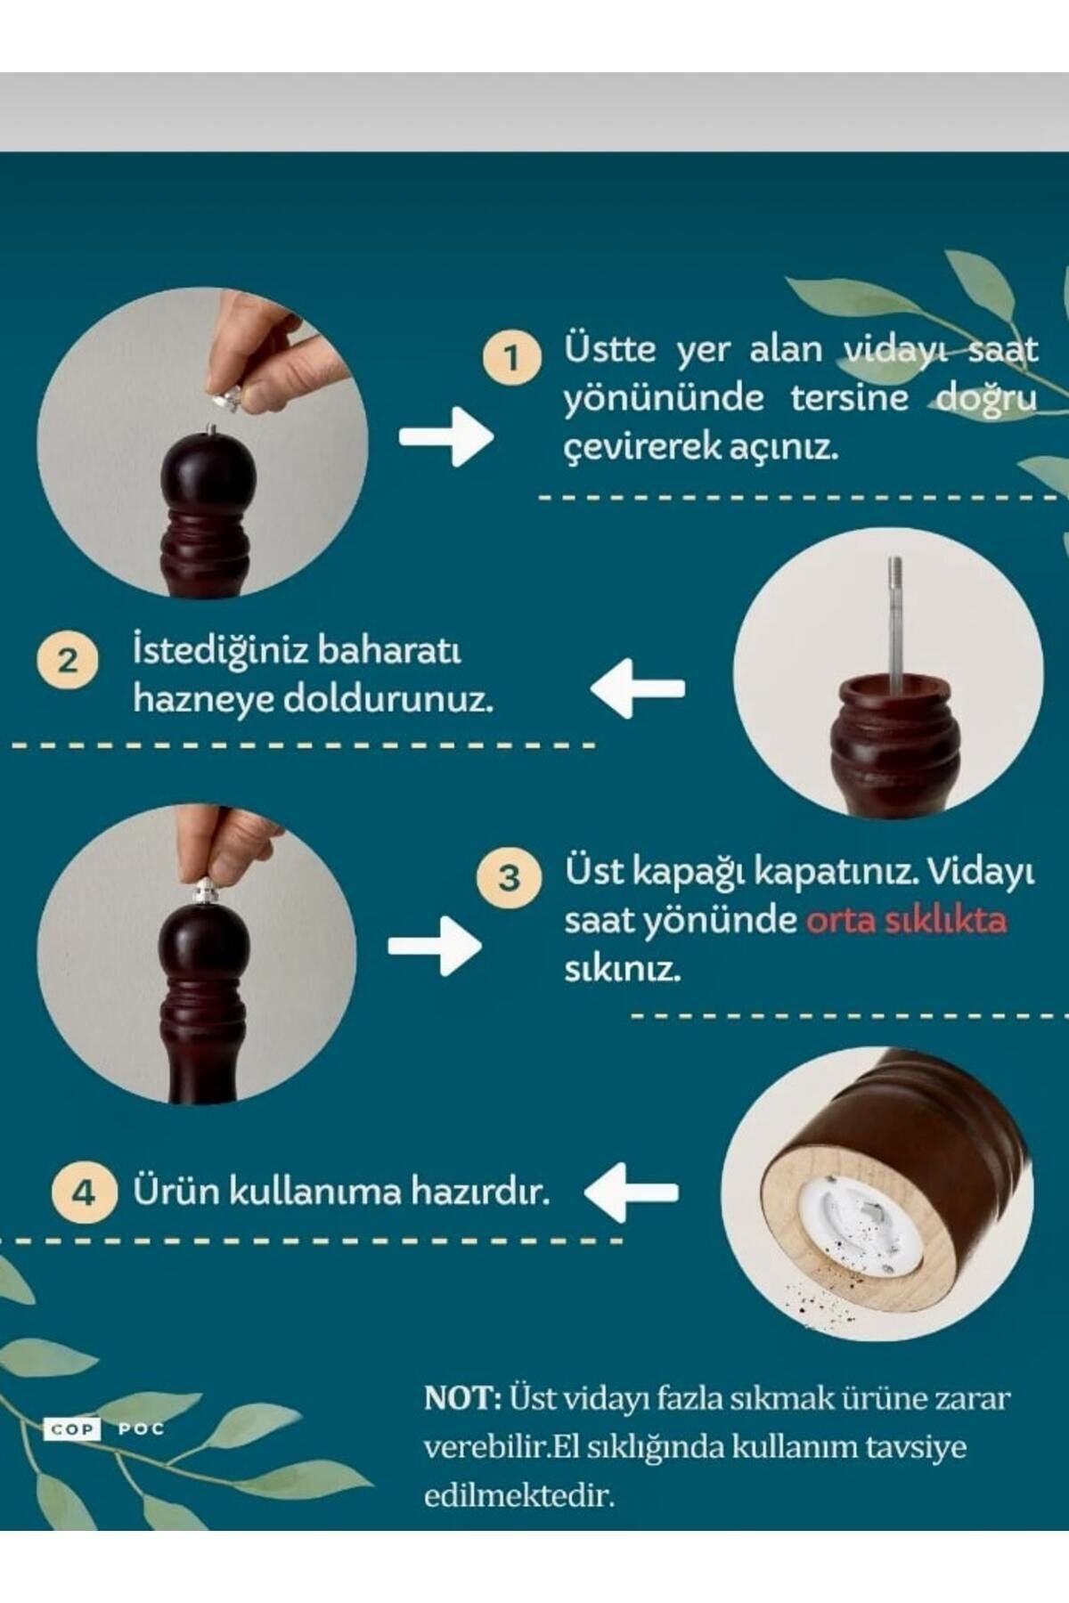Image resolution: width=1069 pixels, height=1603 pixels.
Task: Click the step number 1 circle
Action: (x=511, y=358)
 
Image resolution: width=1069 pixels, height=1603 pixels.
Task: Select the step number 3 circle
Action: (x=508, y=877)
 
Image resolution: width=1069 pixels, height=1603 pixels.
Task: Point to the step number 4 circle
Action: (x=84, y=1192)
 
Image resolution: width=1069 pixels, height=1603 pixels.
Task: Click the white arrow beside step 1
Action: (x=445, y=436)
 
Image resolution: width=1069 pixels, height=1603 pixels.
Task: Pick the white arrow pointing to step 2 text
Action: (x=638, y=688)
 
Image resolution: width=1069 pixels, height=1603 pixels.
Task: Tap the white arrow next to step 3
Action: (x=435, y=946)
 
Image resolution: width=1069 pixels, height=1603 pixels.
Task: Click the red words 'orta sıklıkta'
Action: (x=907, y=919)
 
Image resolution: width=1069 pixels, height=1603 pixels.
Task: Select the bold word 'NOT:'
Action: (x=463, y=1397)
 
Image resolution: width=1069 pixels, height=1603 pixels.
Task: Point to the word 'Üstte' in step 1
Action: (x=609, y=348)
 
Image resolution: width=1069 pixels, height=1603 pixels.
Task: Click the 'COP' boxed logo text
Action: (x=70, y=1429)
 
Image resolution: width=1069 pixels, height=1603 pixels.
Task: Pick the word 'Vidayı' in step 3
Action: (x=980, y=873)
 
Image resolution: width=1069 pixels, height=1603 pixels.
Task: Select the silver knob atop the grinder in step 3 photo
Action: (x=204, y=891)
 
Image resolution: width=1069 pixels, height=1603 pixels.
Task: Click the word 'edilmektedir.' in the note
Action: (x=519, y=1495)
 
